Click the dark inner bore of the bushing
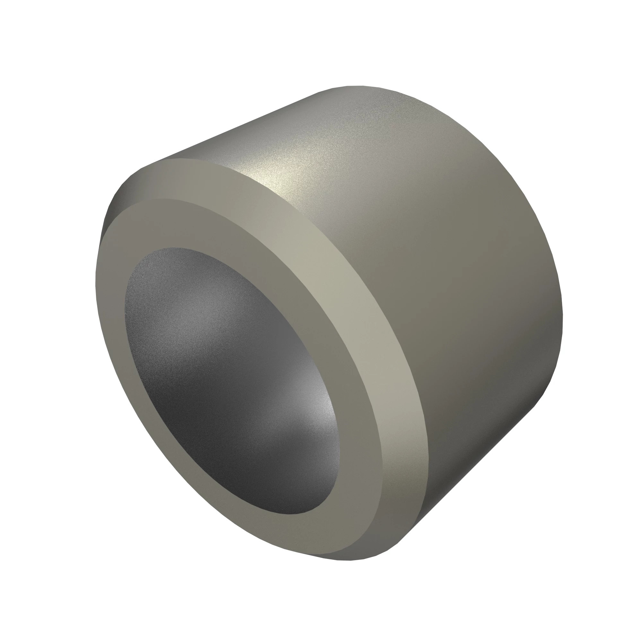click(226, 382)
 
